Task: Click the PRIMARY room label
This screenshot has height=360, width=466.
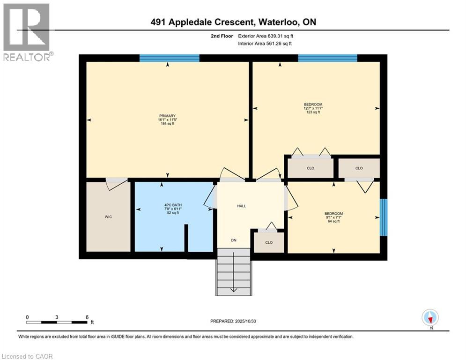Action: pos(167,116)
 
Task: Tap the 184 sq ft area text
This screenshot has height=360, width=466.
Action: pos(167,123)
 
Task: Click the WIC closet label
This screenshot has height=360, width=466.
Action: pos(108,217)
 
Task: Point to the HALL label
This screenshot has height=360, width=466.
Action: pos(241,206)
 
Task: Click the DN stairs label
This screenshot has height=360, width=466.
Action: pos(233,240)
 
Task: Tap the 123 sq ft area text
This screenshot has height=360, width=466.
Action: pos(313,112)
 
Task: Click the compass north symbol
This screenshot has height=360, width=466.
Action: pos(429,318)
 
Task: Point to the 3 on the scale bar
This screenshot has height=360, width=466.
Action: pos(57,317)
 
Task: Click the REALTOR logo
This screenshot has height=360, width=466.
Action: pos(26,32)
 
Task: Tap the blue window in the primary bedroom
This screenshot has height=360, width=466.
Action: pos(170,58)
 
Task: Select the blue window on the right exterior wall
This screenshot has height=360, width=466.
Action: pos(384,217)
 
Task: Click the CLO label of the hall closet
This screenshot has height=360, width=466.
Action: pos(268,243)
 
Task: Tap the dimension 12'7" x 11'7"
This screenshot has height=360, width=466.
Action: pos(313,108)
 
